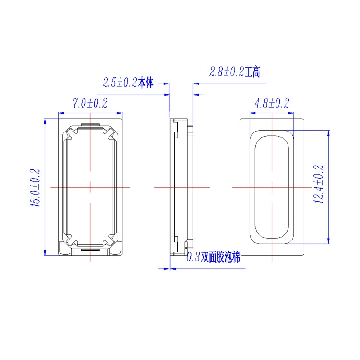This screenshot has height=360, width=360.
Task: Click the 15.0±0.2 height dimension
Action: [36, 188]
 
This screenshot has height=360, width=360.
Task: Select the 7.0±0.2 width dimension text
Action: [90, 103]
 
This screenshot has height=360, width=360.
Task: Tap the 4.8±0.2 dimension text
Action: [272, 103]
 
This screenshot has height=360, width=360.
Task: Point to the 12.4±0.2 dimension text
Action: [319, 184]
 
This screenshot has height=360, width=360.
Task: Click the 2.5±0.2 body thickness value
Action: [120, 83]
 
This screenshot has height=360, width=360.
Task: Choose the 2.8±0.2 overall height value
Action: [227, 72]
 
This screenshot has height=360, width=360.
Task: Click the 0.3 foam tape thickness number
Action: [193, 257]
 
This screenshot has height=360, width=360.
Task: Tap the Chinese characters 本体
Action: [145, 83]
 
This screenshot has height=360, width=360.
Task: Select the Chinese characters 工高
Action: [252, 72]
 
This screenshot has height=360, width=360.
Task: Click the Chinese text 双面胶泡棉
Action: [220, 257]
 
